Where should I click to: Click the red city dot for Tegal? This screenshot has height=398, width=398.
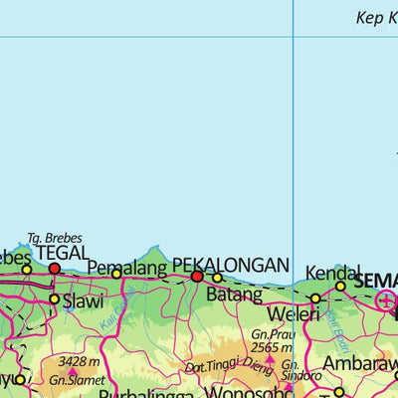point(54,269)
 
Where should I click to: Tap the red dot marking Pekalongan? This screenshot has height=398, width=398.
point(197,277)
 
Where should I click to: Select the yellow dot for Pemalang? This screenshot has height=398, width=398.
point(116,274)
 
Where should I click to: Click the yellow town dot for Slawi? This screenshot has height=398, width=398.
point(54,298)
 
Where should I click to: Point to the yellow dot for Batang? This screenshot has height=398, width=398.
point(218,279)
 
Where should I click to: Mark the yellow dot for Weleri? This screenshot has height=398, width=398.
point(315,298)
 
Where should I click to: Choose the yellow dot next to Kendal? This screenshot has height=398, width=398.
point(340,287)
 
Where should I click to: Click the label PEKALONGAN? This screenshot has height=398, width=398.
point(231,265)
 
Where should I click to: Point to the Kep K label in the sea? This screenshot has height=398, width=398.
point(376,17)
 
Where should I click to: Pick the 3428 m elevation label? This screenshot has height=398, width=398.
point(79,361)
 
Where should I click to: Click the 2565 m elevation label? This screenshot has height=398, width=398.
point(271,347)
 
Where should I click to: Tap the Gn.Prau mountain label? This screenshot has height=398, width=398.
point(270,334)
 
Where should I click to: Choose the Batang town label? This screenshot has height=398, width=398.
point(234,295)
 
